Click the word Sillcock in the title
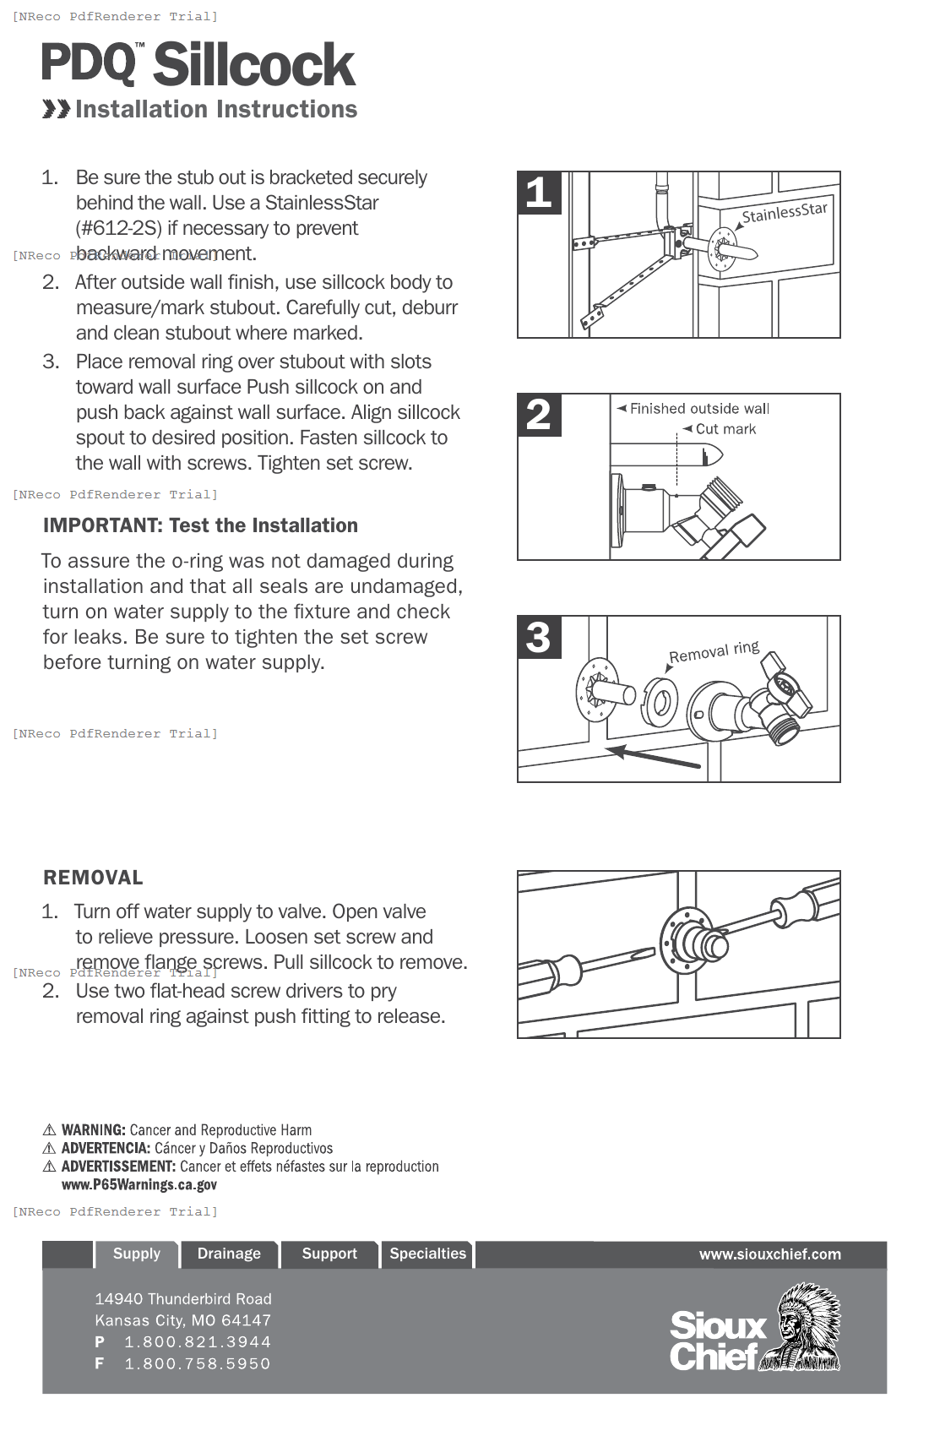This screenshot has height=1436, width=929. tap(254, 65)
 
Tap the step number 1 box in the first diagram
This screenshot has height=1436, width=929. tap(539, 193)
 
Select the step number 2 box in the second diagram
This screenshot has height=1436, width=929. tap(539, 415)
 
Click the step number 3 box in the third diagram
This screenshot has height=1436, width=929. tap(539, 637)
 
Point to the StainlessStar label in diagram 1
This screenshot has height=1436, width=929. tap(784, 212)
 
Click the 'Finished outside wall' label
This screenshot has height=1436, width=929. tap(698, 409)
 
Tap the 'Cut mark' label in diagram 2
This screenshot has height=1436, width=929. tap(725, 429)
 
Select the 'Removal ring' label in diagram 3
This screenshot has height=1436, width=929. tap(714, 652)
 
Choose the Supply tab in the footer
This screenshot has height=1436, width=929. tap(137, 1254)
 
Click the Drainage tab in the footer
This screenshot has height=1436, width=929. tap(229, 1254)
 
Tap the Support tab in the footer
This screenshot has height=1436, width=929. tap(329, 1254)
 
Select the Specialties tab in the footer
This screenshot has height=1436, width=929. tap(427, 1254)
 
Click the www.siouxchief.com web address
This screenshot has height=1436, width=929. tap(769, 1254)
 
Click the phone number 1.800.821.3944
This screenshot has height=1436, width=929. tap(198, 1341)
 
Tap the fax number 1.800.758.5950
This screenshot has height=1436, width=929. tap(198, 1363)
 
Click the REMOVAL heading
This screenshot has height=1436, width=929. tap(93, 878)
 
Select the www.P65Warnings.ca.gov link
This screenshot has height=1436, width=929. tap(139, 1184)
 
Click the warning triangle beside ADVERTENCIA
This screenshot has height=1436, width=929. tap(49, 1149)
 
